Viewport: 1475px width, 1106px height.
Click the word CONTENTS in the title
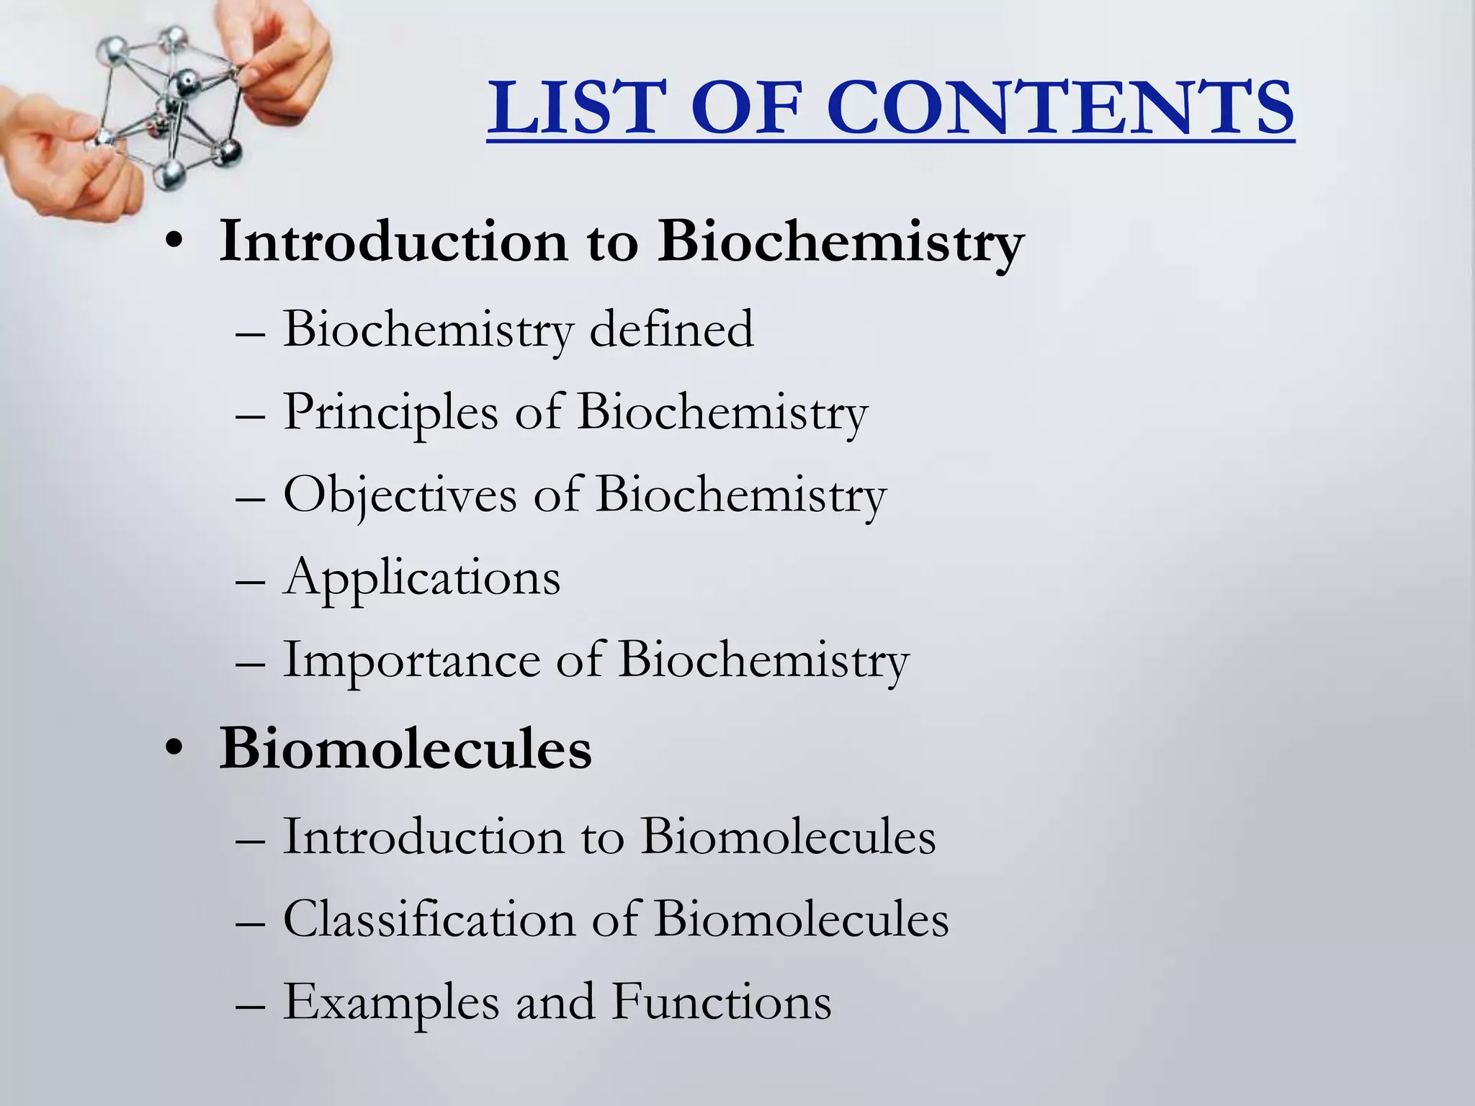click(1059, 108)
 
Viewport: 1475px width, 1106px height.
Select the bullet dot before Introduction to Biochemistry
click(173, 244)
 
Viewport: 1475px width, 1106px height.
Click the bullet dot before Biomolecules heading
click(173, 751)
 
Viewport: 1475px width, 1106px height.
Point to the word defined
click(671, 329)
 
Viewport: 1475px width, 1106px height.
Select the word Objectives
click(400, 495)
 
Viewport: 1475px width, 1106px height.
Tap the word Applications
click(421, 578)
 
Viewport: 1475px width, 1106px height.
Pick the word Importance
click(411, 660)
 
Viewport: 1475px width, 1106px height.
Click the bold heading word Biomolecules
click(405, 749)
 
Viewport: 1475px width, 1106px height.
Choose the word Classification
click(429, 919)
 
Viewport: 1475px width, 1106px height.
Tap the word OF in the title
click(750, 108)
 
